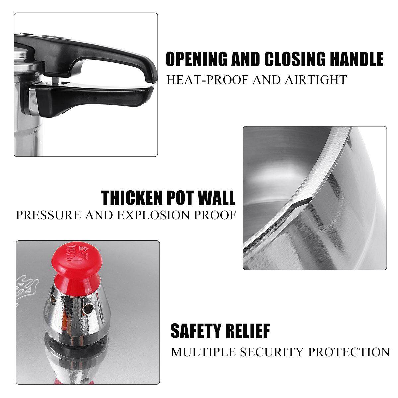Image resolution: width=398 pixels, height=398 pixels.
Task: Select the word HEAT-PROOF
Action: click(x=207, y=80)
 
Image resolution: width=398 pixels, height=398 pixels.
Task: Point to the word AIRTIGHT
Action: click(x=315, y=80)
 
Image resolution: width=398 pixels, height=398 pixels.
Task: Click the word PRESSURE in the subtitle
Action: click(x=48, y=215)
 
